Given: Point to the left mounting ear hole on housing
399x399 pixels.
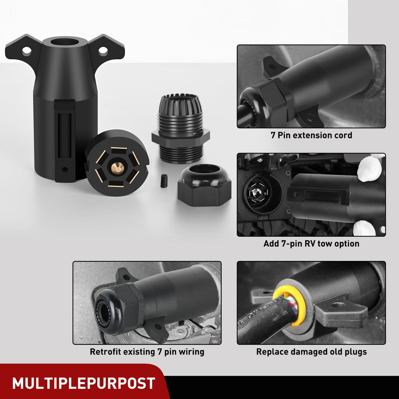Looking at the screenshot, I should (x=27, y=51).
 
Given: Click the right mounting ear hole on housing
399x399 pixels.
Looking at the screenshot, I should (x=104, y=50).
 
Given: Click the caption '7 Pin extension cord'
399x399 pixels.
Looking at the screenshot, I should (x=311, y=135).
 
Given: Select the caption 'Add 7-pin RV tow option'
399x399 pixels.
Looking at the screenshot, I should (x=311, y=244).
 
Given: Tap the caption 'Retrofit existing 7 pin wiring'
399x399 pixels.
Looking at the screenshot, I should (x=147, y=352).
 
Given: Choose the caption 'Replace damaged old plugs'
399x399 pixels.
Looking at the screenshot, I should (x=311, y=352).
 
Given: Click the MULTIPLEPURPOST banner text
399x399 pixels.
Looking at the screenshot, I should (x=83, y=384).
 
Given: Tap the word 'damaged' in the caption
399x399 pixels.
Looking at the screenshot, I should (x=302, y=352).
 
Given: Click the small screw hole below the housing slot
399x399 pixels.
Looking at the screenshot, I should (x=65, y=170).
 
